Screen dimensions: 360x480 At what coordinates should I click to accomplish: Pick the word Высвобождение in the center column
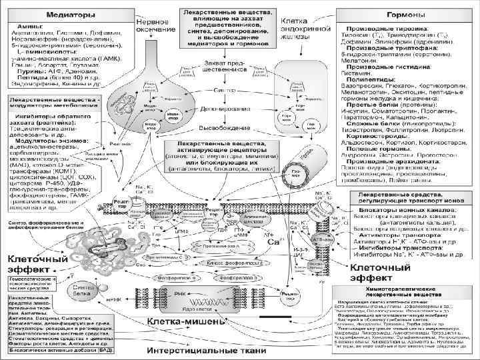pyautogui.click(x=227, y=146)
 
